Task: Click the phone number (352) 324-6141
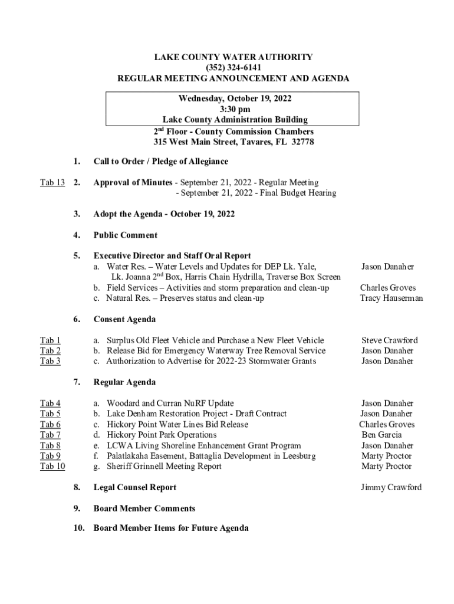233,68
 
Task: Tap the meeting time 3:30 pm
233,110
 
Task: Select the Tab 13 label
52,183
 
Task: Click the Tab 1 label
50,340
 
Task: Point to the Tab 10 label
52,467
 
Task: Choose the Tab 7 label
50,435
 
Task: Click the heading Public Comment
125,235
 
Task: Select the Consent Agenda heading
124,320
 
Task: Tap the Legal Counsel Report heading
134,488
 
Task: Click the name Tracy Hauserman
391,298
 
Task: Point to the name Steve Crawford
389,340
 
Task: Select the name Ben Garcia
381,435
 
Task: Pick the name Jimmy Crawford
391,488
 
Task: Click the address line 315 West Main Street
233,143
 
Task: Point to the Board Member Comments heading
144,508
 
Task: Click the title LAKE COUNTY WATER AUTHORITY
233,57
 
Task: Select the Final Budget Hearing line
257,193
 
